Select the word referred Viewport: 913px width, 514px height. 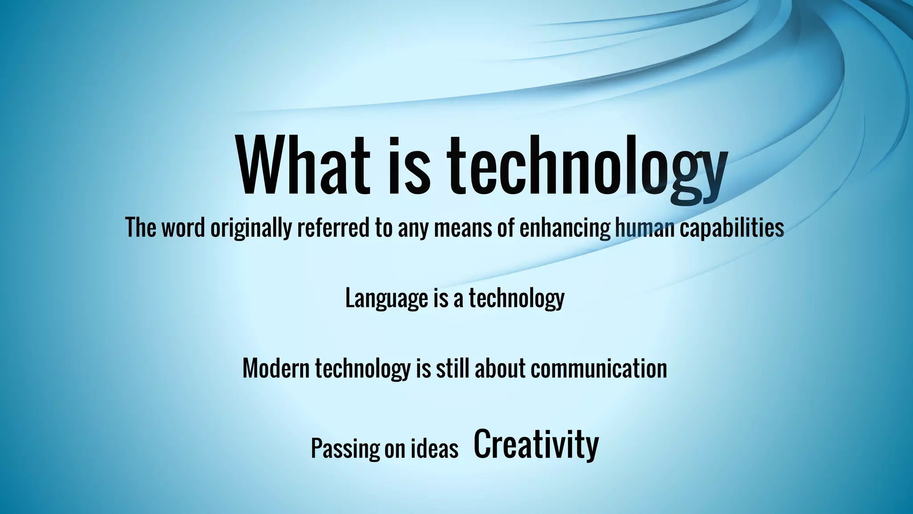tap(333, 227)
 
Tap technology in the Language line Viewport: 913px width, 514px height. tap(516, 298)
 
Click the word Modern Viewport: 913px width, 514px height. tap(276, 368)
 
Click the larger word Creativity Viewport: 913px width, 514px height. tap(536, 445)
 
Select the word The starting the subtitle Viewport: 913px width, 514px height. tap(140, 227)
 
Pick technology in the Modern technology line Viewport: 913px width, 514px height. tap(362, 368)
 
